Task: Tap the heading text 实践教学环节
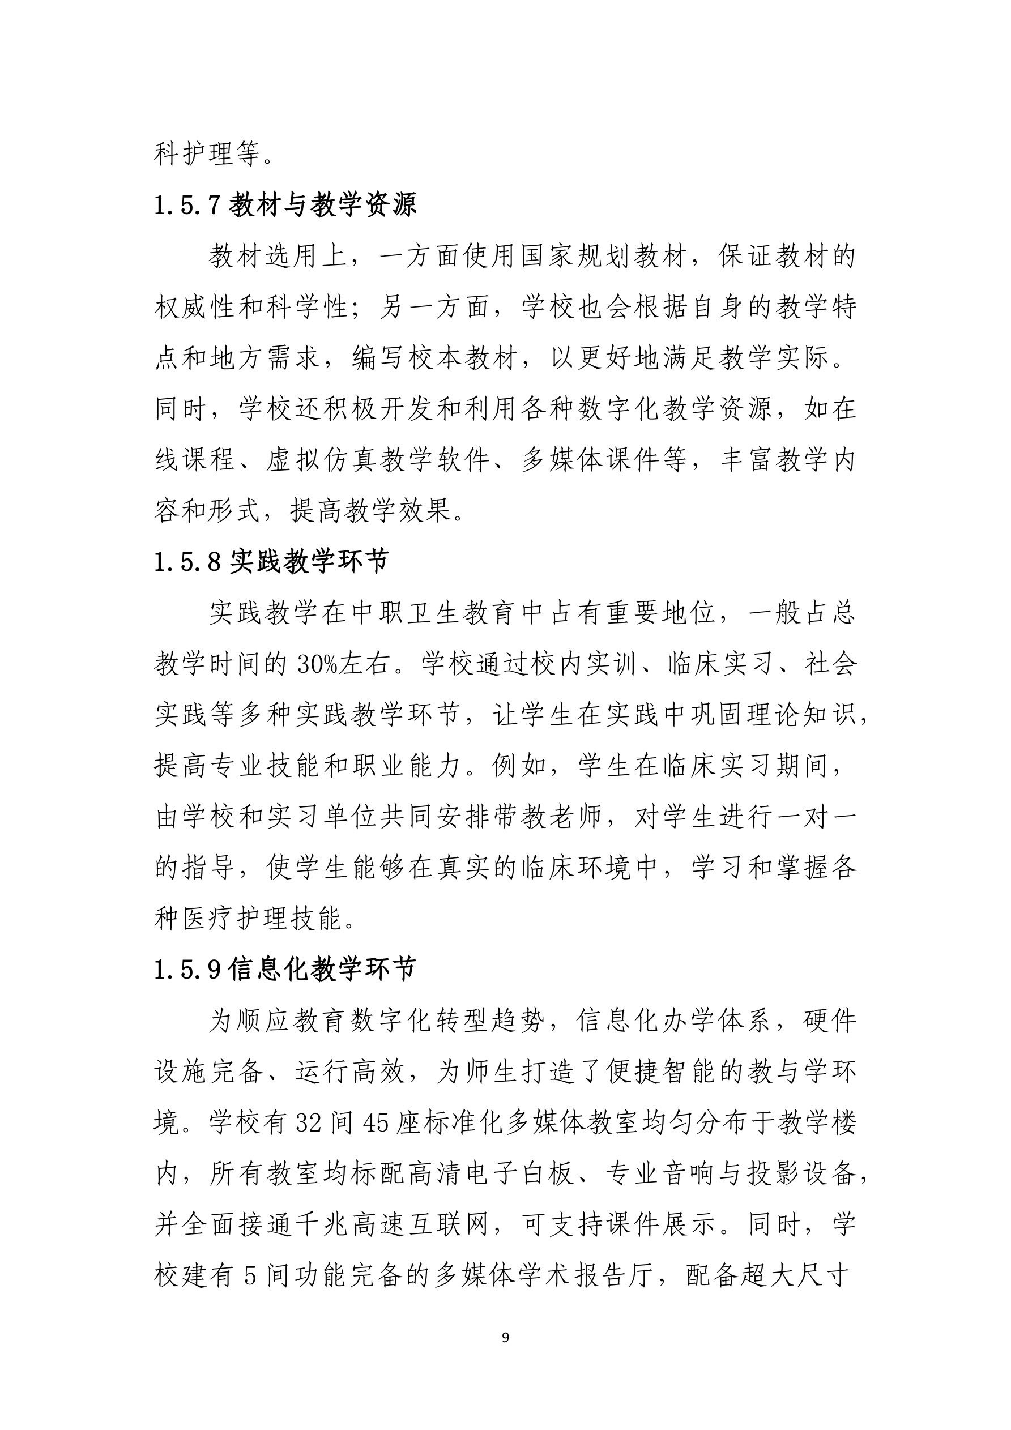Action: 310,562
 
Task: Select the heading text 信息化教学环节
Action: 322,969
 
